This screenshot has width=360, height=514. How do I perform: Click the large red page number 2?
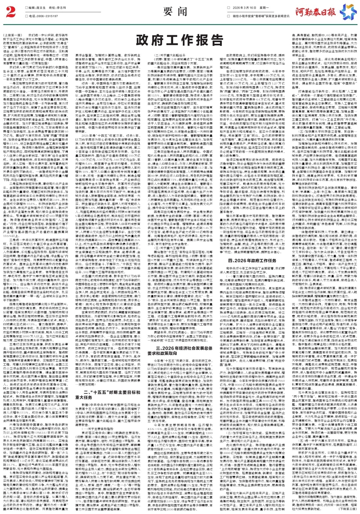(x=9, y=12)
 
